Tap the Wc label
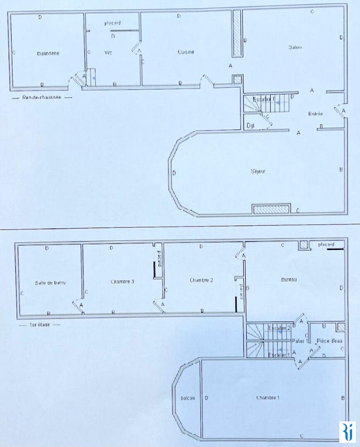coord(108,53)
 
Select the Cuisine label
coord(186,53)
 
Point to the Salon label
coord(295,46)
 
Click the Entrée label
coord(316,114)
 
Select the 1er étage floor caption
coord(37,324)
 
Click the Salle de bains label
coord(51,283)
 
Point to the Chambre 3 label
coord(122,281)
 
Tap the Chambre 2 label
coord(202,280)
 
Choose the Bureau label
coord(288,279)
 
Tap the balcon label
coord(187,399)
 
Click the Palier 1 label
coord(299,340)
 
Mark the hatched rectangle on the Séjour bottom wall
coord(271,209)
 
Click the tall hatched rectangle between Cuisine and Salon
coord(237,33)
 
